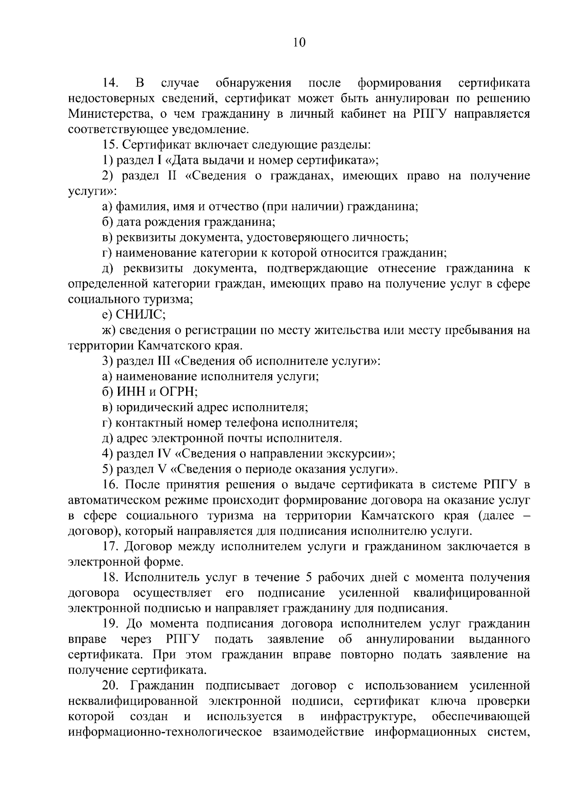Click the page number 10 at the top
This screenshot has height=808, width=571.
tap(299, 43)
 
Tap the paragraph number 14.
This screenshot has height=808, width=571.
tap(110, 83)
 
